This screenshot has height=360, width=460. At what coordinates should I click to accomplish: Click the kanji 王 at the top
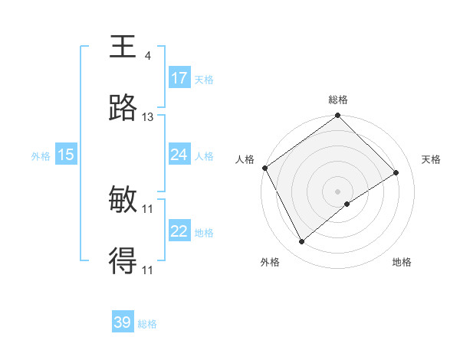pos(123,47)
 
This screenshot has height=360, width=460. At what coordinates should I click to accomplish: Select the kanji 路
pos(123,109)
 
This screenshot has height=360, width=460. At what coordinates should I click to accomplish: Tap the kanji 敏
pos(123,201)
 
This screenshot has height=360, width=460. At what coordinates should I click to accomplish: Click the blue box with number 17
pos(179,78)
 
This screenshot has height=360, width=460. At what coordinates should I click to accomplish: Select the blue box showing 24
pos(179,155)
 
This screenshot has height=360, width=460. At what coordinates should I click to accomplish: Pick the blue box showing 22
pos(179,231)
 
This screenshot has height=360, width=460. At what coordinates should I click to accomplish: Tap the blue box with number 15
pos(66,155)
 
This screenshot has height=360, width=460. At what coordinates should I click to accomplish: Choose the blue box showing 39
pos(123,322)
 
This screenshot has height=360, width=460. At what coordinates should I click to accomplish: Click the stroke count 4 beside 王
pos(147,56)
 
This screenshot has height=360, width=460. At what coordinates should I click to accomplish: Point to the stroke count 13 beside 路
pos(148,117)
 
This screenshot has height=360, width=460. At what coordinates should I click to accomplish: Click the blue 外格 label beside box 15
pos(41,155)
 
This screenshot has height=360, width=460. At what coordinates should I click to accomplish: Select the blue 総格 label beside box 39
pos(147,324)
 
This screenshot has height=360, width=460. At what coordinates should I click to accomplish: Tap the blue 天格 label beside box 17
pos(203,79)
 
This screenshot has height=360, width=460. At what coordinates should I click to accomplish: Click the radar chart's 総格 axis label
pos(338,100)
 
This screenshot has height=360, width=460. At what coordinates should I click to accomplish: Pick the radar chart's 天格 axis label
pos(431,159)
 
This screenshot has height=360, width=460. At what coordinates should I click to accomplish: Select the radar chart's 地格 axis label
pos(402,262)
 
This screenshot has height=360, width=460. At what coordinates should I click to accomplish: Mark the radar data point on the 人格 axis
pos(264,168)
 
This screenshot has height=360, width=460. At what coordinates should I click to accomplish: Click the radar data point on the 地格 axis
pos(347,204)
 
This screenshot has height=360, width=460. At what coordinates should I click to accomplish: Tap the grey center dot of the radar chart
pos(337,191)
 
